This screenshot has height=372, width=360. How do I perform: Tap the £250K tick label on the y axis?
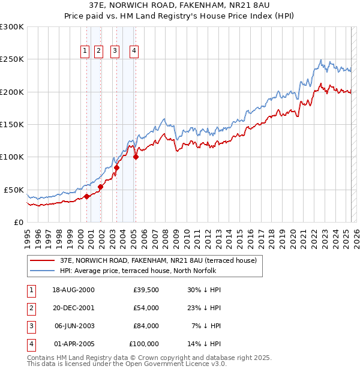pyautogui.click(x=11, y=59)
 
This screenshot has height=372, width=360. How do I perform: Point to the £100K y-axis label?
pyautogui.click(x=11, y=157)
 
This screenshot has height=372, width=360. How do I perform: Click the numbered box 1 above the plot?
pyautogui.click(x=85, y=52)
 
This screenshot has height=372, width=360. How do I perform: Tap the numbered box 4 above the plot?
pyautogui.click(x=134, y=52)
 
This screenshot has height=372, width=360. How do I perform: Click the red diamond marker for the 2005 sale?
pyautogui.click(x=136, y=157)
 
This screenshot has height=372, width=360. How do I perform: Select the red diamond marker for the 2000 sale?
pyautogui.click(x=86, y=196)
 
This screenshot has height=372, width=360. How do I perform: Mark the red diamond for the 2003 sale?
pyautogui.click(x=116, y=167)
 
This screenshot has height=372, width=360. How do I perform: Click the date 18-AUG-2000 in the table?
pyautogui.click(x=73, y=290)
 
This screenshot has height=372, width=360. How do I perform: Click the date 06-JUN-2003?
pyautogui.click(x=73, y=326)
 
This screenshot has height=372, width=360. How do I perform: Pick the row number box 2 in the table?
pyautogui.click(x=31, y=308)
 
